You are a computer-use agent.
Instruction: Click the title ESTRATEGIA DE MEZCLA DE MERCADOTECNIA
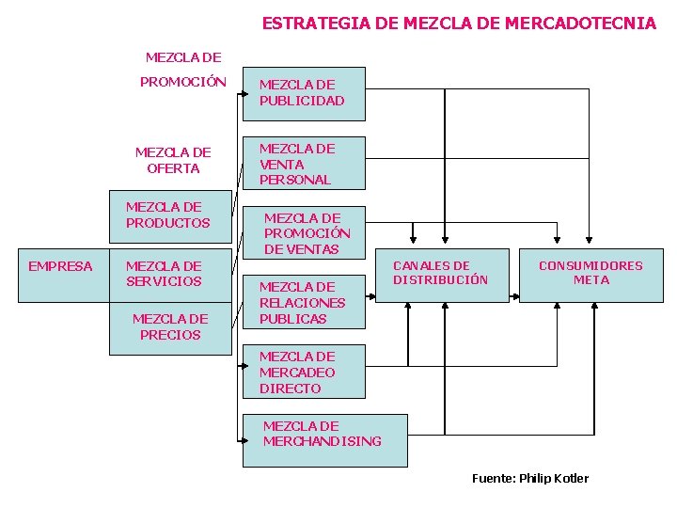tap(459, 24)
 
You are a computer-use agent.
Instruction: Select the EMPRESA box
tap(60, 266)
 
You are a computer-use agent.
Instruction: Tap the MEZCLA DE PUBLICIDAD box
tap(303, 93)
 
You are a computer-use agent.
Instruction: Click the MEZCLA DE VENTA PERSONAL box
tap(303, 164)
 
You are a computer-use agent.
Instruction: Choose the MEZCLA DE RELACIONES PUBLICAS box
tap(303, 302)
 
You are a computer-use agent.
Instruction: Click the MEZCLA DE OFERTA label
tap(173, 160)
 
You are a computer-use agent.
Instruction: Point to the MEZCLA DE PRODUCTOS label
tap(168, 214)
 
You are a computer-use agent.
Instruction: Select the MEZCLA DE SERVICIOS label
tap(164, 274)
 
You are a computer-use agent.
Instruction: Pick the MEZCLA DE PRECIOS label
tap(170, 326)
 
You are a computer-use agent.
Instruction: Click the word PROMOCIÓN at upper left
tap(183, 82)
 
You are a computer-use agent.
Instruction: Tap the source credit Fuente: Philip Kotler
tap(529, 479)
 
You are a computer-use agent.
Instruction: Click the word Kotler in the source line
tap(570, 479)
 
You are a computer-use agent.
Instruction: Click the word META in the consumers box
tap(590, 280)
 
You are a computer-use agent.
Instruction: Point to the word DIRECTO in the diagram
tap(291, 389)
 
